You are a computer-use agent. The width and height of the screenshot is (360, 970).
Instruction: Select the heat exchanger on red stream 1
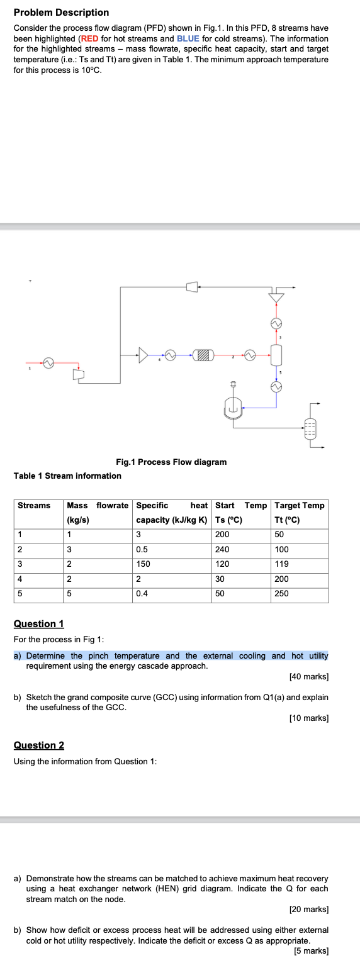(47, 363)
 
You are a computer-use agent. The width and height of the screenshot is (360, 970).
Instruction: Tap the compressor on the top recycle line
(193, 287)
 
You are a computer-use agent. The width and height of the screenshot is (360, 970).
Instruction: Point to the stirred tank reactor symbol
(232, 409)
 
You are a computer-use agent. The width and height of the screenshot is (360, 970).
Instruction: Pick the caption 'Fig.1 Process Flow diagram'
(171, 462)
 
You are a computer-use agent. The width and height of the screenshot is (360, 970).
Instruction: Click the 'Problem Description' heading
(61, 13)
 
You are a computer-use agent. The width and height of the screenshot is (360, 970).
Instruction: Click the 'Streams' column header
(34, 505)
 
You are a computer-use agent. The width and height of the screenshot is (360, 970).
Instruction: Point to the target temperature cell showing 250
(282, 593)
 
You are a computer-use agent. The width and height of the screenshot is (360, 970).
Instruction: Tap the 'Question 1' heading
(39, 623)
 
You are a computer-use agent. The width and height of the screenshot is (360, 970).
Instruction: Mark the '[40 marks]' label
(308, 677)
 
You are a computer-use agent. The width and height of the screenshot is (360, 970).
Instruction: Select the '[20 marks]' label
(308, 909)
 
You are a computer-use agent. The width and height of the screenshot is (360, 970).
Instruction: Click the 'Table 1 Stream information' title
(67, 476)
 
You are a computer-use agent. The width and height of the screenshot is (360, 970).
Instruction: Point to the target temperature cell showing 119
(282, 564)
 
